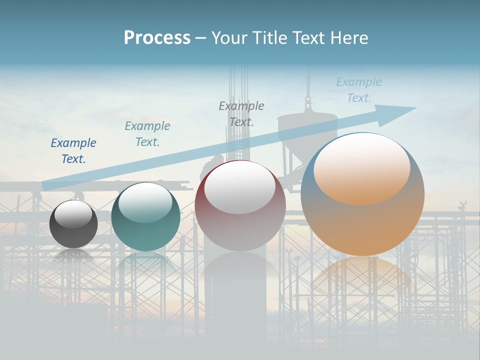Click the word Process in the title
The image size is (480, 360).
(x=157, y=38)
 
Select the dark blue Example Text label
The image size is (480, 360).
(x=73, y=150)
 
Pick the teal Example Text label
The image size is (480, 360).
(x=147, y=133)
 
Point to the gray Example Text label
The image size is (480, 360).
(x=241, y=113)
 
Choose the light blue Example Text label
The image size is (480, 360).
(x=359, y=90)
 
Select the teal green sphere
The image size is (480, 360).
(x=145, y=235)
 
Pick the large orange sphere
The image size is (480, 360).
(x=362, y=220)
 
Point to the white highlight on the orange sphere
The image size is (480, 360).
(x=362, y=167)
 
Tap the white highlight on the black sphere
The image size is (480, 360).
(x=73, y=214)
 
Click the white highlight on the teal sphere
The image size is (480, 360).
(x=145, y=202)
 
